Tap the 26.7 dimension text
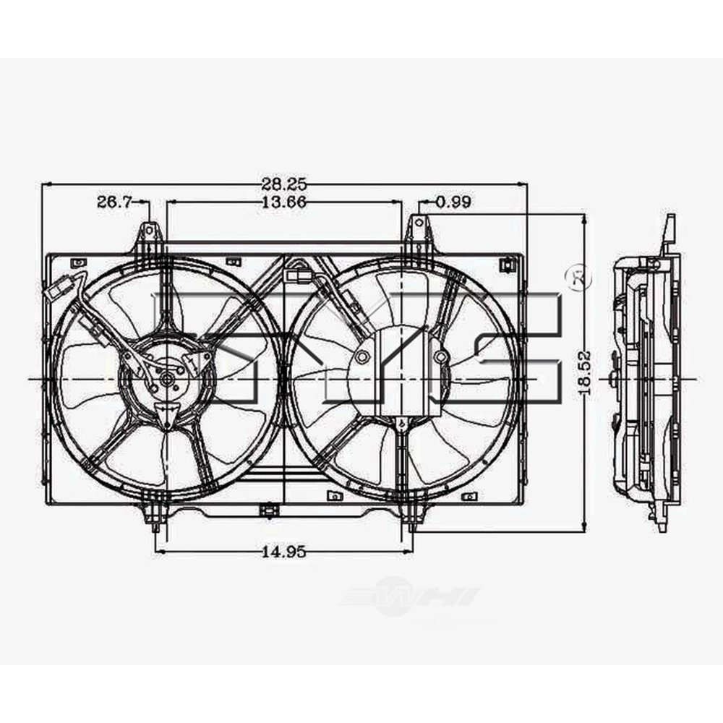point(114,203)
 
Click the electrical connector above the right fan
point(297,275)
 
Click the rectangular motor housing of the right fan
point(397,372)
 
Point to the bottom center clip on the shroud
point(268,510)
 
